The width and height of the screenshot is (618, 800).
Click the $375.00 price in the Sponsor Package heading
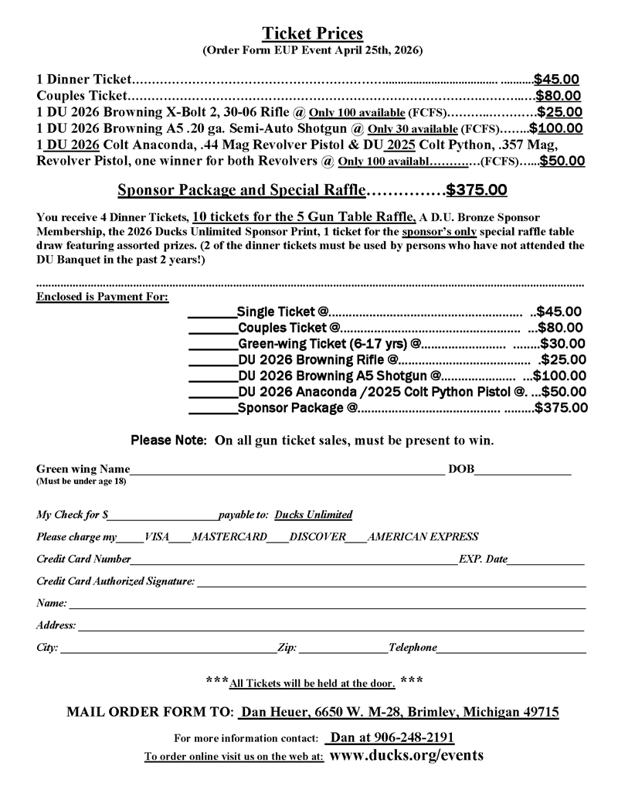click(477, 189)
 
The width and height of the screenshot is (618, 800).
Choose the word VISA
click(156, 536)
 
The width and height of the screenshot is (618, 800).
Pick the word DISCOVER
click(318, 536)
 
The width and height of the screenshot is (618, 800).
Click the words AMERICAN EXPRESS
click(423, 536)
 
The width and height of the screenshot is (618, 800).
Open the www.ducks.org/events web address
click(406, 755)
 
